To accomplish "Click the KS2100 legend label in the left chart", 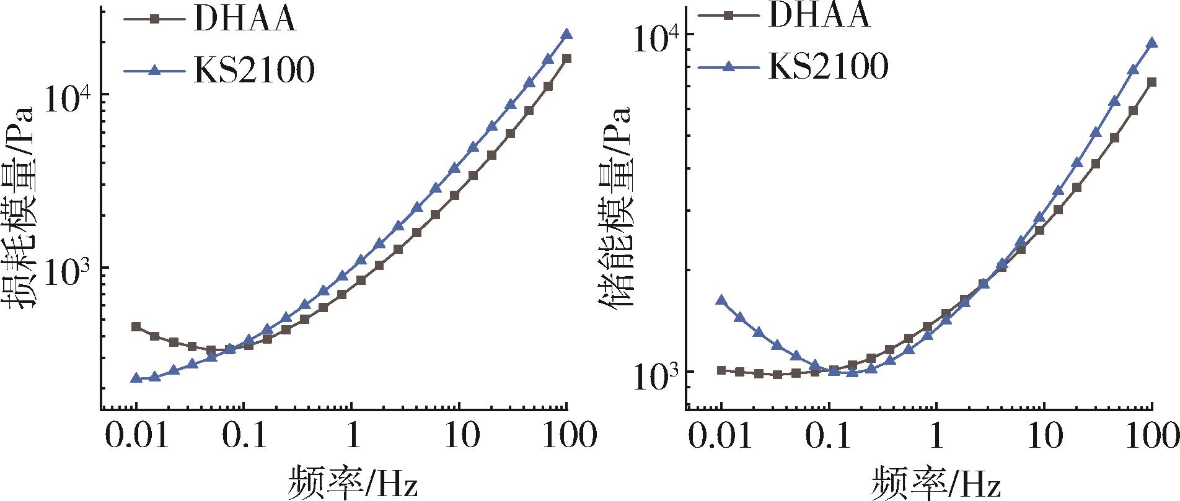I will pos(254,71).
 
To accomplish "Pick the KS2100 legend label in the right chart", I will pos(829,66).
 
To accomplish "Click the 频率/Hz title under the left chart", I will pos(351,483).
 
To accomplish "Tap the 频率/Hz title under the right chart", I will pos(936,483).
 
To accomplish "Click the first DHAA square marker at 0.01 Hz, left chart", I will pos(136,326).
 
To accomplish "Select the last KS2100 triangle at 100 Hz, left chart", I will pos(566,35).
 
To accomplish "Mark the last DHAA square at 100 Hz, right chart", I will pos(1151,82).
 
